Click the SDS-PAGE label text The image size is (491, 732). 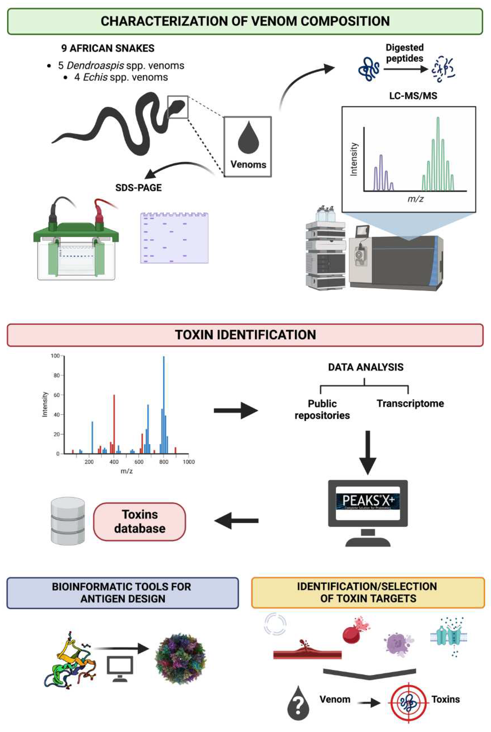click(x=138, y=188)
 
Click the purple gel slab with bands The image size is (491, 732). click(x=174, y=238)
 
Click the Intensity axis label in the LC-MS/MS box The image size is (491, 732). click(x=354, y=159)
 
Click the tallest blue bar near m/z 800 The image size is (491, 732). click(x=163, y=404)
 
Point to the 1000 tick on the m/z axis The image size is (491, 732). click(x=188, y=462)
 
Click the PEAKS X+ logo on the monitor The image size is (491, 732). click(x=368, y=501)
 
